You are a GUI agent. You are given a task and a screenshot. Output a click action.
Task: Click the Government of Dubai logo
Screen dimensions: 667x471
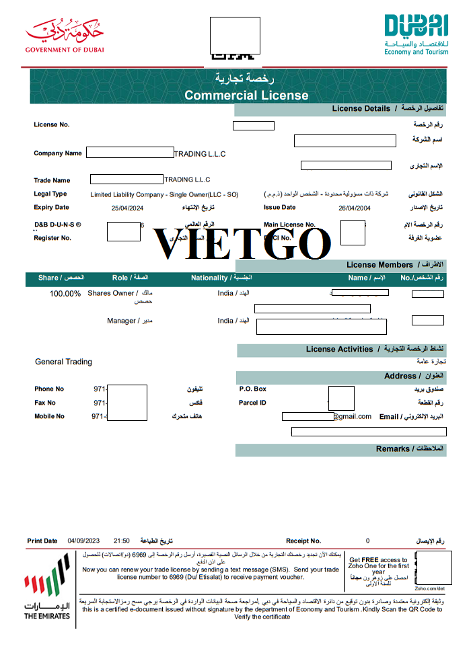click(65, 36)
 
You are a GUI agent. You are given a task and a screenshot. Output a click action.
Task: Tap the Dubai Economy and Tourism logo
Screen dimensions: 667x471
click(416, 34)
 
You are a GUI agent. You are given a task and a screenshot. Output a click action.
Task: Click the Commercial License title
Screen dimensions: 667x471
click(246, 95)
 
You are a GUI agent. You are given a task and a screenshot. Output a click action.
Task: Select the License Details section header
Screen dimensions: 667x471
click(361, 109)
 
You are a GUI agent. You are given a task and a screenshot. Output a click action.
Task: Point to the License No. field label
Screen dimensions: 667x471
click(52, 125)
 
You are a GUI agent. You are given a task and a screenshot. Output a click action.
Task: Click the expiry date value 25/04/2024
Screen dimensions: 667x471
click(128, 208)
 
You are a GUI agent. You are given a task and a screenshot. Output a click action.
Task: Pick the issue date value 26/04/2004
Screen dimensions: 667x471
click(355, 208)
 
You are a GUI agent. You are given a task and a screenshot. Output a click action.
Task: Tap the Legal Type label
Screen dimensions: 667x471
click(50, 194)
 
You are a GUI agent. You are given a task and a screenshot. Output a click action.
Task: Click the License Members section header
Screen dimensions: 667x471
click(380, 265)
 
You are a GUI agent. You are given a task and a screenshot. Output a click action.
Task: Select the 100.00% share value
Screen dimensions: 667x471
click(65, 294)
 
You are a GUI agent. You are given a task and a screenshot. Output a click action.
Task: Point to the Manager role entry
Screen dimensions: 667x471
click(122, 321)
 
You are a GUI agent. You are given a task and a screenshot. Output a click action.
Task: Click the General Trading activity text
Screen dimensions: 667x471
click(64, 362)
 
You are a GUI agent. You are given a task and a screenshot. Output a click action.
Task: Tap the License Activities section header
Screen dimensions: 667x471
click(339, 350)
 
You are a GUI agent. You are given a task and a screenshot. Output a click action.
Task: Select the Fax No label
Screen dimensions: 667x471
click(45, 403)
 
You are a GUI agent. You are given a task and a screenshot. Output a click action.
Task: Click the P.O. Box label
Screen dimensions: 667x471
click(253, 389)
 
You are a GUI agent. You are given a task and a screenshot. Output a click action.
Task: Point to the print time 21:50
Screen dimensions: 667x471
click(122, 541)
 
